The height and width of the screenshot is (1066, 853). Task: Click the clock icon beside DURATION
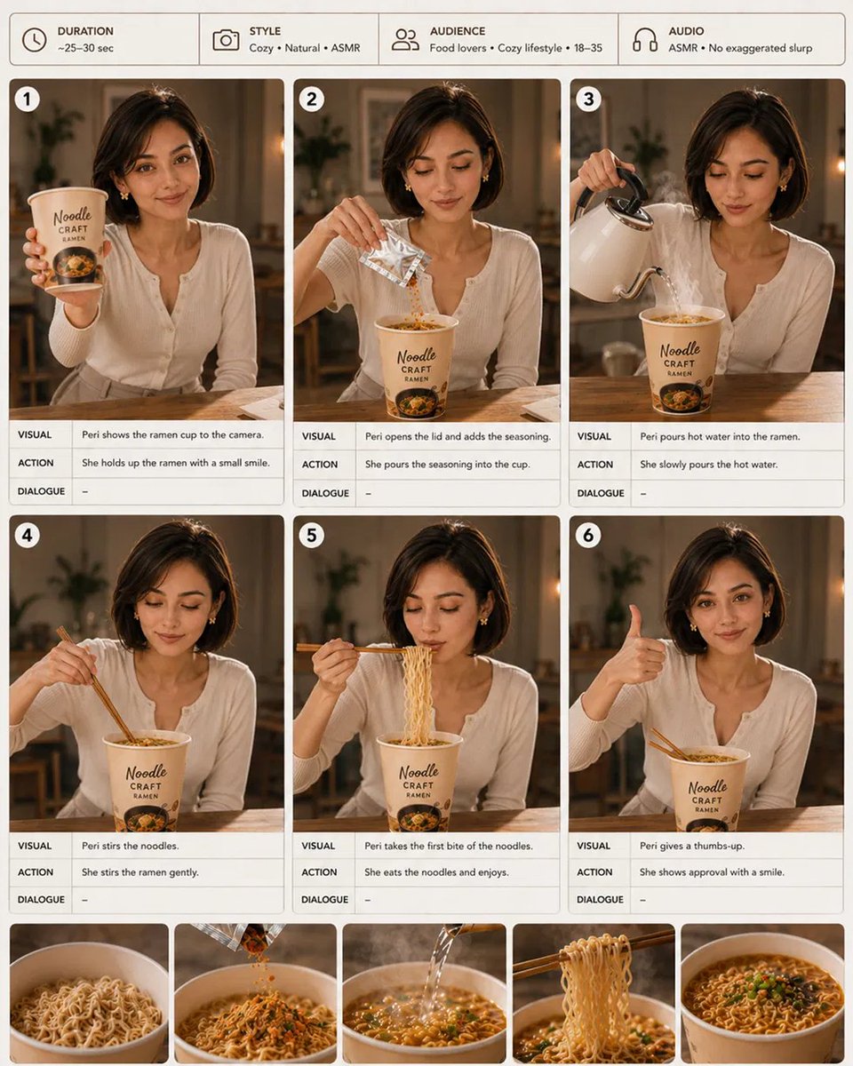point(34,40)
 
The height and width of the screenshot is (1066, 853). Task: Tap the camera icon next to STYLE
point(226,40)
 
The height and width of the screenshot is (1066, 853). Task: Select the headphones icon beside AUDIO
point(645,40)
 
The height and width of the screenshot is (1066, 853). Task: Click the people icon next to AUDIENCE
point(405,40)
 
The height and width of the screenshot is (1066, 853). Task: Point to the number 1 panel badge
point(27,99)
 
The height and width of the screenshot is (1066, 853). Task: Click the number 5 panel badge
point(311,536)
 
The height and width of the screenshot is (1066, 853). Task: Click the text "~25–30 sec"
point(86,48)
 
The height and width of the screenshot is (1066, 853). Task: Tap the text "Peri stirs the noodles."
point(131,846)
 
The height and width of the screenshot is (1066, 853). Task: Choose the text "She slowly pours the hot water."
point(709,464)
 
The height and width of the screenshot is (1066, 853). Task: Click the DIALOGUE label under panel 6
point(600,899)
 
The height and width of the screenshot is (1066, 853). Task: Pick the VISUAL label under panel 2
point(319,436)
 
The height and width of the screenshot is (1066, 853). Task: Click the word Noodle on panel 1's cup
point(72,216)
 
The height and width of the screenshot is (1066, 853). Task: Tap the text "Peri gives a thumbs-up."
point(692,846)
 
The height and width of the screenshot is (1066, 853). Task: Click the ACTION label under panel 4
point(36,871)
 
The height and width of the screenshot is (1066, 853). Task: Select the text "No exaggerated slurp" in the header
point(761,48)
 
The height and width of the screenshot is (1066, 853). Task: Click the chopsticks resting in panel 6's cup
point(670,744)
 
